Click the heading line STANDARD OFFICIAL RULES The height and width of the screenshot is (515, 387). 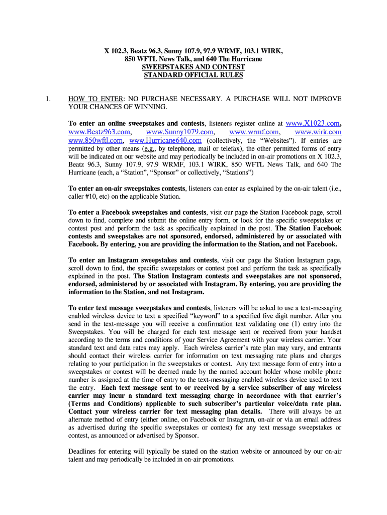[193, 75]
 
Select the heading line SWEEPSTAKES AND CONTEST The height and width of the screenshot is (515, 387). [193, 67]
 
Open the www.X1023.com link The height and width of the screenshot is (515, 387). [312, 123]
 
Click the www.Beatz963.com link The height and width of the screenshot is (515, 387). [96, 132]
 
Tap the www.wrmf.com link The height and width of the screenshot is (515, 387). [253, 132]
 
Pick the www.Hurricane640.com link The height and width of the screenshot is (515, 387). [165, 140]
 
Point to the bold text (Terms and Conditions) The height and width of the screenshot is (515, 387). [103, 404]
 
